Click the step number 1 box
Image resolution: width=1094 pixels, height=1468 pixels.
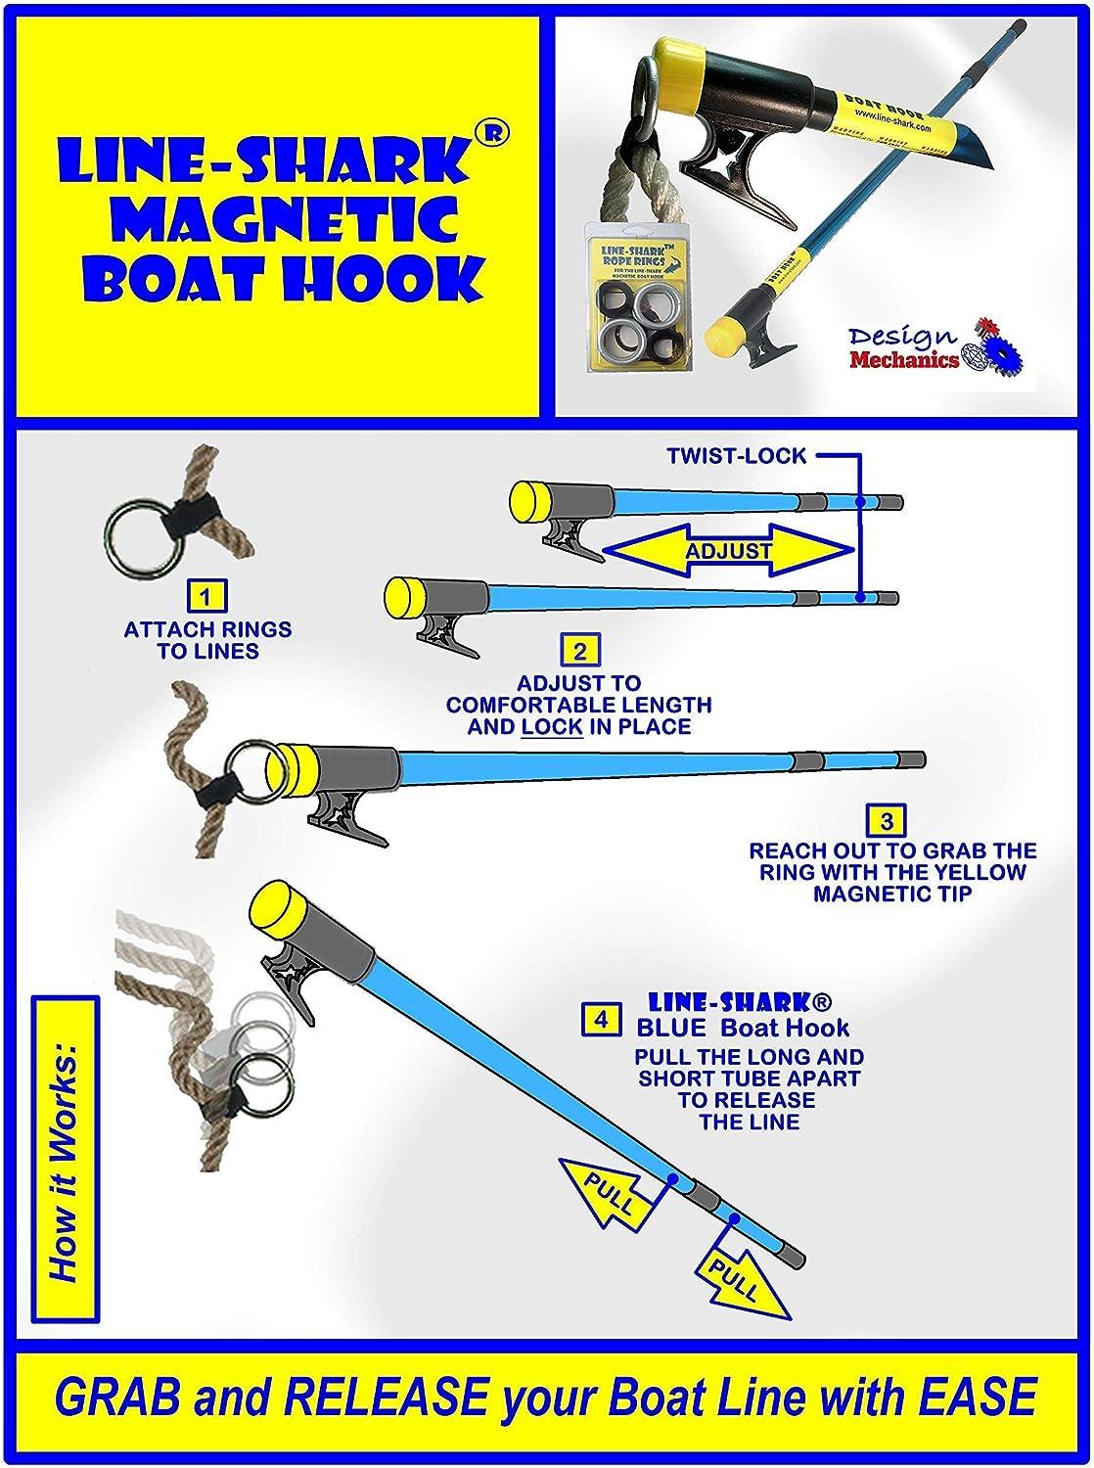click(x=206, y=596)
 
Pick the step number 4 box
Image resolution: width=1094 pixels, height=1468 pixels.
click(x=601, y=1019)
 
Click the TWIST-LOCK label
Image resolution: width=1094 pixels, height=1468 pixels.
click(x=737, y=455)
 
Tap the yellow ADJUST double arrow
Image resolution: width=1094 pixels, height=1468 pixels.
click(x=727, y=551)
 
